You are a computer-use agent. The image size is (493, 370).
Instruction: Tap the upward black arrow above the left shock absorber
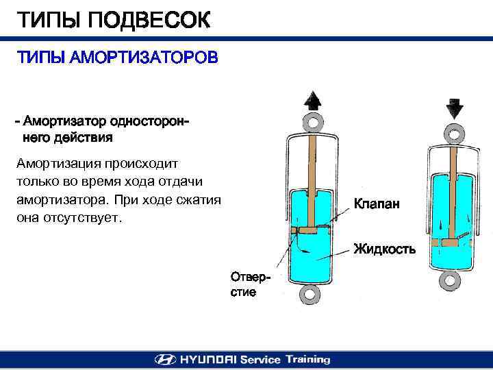[x=312, y=100]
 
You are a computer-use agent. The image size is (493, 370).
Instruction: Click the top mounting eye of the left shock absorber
[x=312, y=123]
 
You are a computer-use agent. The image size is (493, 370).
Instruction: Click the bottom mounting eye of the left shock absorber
[x=310, y=295]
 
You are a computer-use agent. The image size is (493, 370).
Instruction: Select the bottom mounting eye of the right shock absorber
[x=451, y=282]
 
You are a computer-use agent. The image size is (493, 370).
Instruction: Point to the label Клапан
[x=377, y=203]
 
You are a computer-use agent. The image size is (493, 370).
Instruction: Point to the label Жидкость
[x=384, y=249]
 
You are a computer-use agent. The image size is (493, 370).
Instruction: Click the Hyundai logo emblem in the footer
[x=165, y=360]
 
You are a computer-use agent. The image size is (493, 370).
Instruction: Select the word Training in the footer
[x=307, y=360]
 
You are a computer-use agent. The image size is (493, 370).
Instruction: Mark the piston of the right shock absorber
[x=449, y=243]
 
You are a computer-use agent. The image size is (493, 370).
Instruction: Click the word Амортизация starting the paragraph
[x=62, y=164]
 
